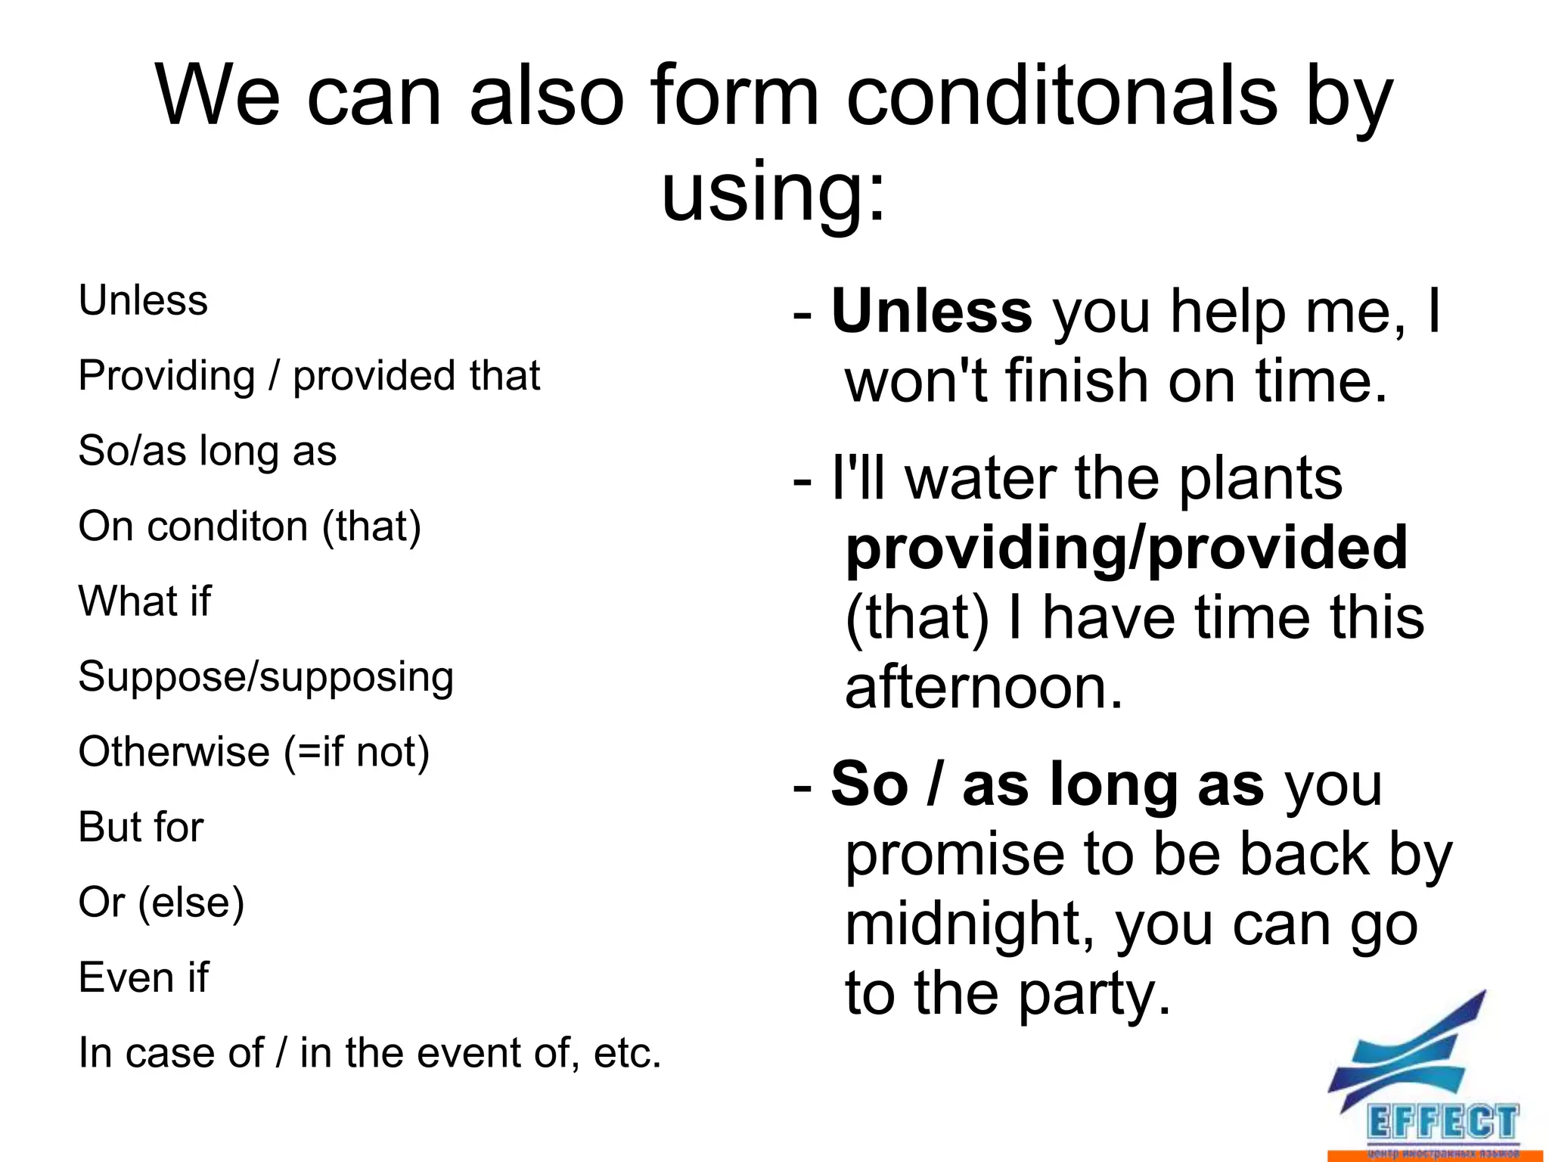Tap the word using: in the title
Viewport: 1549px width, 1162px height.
(773, 193)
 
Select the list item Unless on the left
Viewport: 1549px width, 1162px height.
(143, 300)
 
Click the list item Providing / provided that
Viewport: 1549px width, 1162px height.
(309, 376)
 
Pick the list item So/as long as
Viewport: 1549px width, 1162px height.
(207, 451)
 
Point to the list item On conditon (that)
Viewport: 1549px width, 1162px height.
(250, 527)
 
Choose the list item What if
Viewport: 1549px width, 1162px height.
(145, 601)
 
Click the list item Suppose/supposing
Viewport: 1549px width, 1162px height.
(266, 677)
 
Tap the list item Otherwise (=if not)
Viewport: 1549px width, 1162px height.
(254, 752)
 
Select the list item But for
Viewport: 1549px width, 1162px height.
(141, 827)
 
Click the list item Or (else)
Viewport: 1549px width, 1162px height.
(162, 903)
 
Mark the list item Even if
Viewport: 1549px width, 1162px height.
(144, 977)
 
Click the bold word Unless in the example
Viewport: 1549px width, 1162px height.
(931, 311)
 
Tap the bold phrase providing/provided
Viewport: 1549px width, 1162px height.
(1126, 548)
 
